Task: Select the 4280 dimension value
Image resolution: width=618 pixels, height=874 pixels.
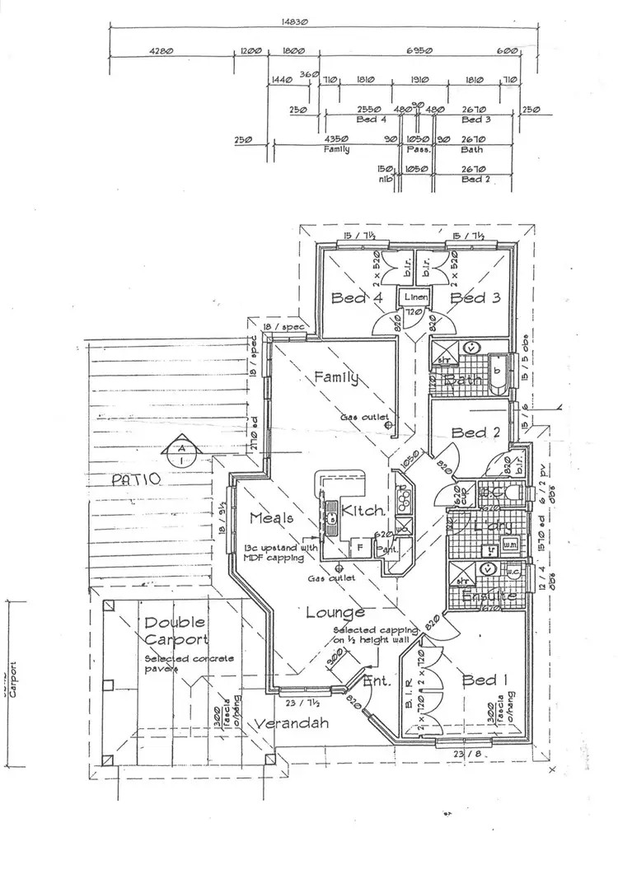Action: point(162,51)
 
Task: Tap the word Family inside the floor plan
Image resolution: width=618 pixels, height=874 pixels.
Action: point(337,378)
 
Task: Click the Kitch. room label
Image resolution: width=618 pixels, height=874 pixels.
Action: point(360,511)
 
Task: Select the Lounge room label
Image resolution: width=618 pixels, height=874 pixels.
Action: point(335,612)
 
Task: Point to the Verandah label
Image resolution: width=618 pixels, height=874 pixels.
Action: point(292,724)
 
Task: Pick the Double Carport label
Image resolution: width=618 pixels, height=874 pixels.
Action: point(175,631)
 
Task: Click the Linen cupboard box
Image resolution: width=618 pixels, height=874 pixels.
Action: point(414,297)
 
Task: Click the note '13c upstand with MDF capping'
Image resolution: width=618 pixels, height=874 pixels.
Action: point(281,552)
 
